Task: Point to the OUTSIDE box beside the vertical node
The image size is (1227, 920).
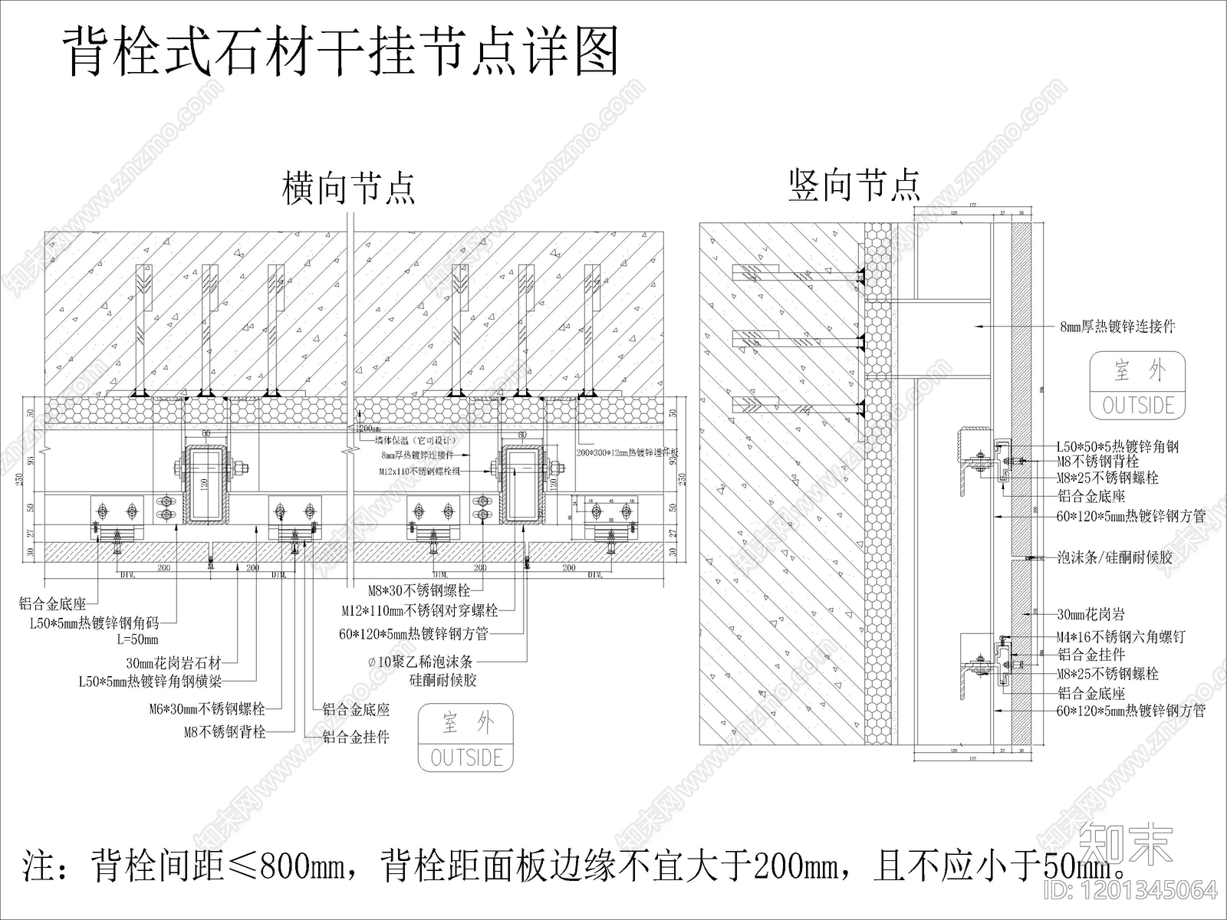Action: pos(1138,386)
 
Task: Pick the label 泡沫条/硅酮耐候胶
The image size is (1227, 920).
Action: pos(1114,557)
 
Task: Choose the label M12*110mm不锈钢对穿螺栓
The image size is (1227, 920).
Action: pos(419,611)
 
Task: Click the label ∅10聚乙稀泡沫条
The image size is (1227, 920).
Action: pos(419,662)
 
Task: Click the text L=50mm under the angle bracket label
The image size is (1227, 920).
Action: pos(137,639)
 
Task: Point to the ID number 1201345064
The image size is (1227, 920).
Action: pos(1146,889)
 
